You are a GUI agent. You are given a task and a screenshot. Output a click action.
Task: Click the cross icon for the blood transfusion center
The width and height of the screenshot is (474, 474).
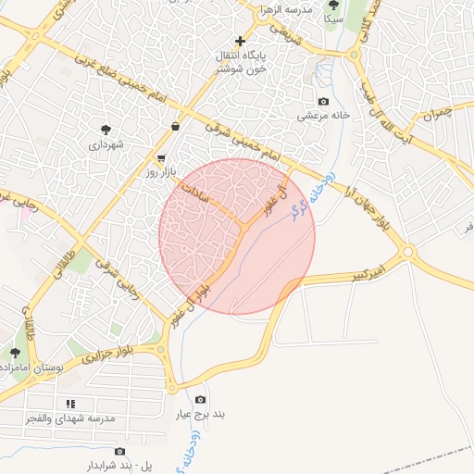coord(241,41)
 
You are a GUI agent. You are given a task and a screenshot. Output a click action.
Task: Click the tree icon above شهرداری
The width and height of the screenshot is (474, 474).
coord(106,130)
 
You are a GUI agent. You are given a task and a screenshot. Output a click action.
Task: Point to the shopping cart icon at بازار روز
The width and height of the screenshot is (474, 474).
coord(162,158)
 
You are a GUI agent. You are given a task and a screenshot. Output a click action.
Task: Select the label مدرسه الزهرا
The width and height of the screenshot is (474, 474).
coord(284,8)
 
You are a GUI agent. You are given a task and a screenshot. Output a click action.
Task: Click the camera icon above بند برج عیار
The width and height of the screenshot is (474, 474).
coord(201,399)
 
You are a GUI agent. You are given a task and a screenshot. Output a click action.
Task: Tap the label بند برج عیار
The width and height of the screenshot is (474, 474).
coord(202,414)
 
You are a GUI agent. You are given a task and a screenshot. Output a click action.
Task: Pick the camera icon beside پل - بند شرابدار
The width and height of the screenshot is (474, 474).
coord(119,451)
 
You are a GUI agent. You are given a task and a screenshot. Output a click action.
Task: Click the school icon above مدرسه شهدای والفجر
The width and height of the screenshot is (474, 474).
coord(70,404)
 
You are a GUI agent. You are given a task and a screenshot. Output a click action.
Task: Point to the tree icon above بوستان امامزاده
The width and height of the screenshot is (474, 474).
coord(15,353)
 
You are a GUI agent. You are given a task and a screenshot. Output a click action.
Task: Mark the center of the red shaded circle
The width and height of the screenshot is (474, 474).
coord(237,236)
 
